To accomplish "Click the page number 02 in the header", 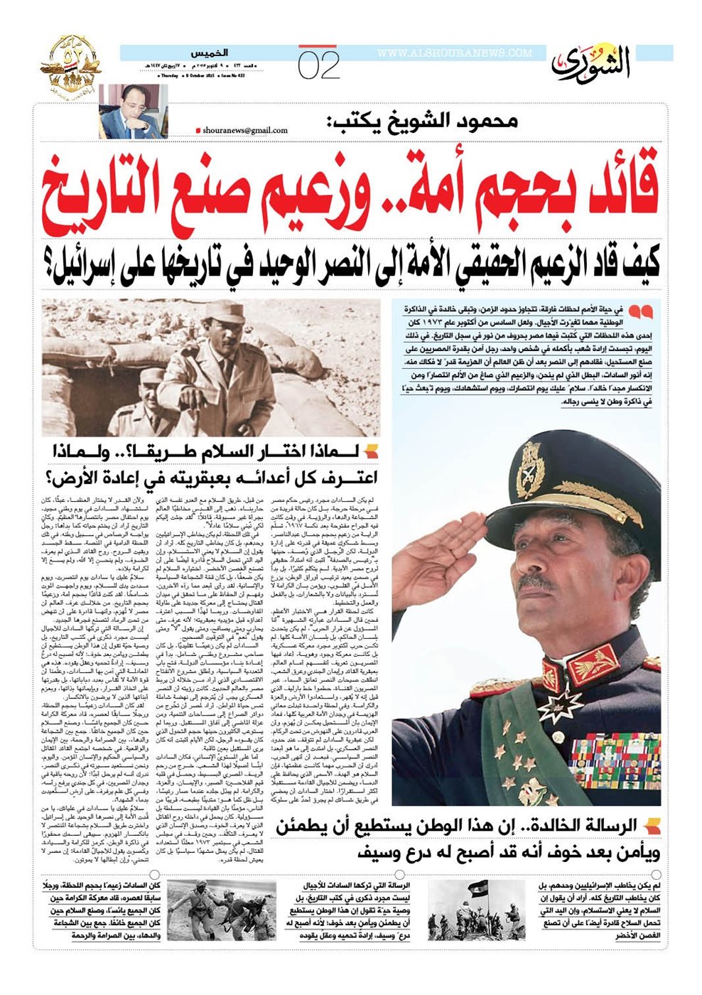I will pyautogui.click(x=319, y=66).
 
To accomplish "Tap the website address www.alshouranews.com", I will pyautogui.click(x=455, y=53).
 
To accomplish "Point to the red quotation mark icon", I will pyautogui.click(x=639, y=311).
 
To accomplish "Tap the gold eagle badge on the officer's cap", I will pyautogui.click(x=530, y=470).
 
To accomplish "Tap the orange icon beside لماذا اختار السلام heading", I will pyautogui.click(x=372, y=451).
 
